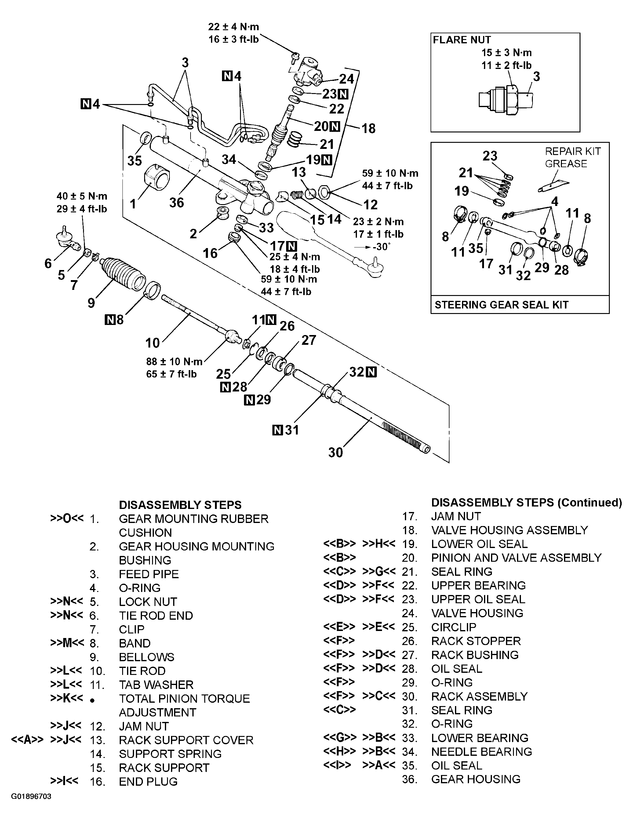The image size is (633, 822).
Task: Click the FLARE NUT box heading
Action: pyautogui.click(x=462, y=40)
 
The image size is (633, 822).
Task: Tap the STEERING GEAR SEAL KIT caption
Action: pyautogui.click(x=501, y=305)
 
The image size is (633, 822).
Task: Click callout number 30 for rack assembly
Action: pyautogui.click(x=335, y=452)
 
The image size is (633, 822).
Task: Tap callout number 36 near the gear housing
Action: pyautogui.click(x=176, y=203)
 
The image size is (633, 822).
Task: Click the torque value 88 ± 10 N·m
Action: pyautogui.click(x=174, y=362)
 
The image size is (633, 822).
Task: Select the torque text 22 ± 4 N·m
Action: pyautogui.click(x=234, y=27)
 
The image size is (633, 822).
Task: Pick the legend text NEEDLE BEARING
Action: pyautogui.click(x=481, y=752)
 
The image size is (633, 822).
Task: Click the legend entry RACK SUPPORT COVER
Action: pyautogui.click(x=186, y=740)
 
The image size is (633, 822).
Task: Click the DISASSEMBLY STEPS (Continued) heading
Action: pyautogui.click(x=526, y=503)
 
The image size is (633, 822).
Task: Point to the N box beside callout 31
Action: pyautogui.click(x=278, y=430)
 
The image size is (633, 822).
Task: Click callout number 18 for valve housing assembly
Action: pyautogui.click(x=368, y=128)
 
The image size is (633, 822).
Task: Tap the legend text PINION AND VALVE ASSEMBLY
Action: pyautogui.click(x=516, y=558)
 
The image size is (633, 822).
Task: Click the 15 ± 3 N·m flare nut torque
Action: pyautogui.click(x=507, y=53)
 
